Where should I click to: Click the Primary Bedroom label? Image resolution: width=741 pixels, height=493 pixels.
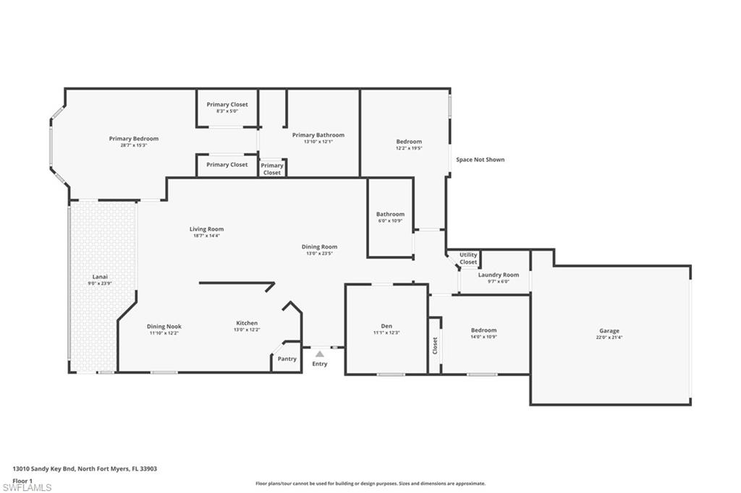pos(134,139)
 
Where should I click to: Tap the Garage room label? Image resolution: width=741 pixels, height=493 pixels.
pos(609,331)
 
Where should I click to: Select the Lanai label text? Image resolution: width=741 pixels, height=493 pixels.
pos(100,276)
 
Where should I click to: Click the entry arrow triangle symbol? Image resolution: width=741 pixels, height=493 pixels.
pos(319,353)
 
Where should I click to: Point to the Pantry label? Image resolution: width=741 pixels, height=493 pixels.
pos(287,359)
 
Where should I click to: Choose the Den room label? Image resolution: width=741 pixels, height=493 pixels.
pos(386,326)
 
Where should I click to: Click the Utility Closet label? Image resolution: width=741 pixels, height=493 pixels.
pos(468,258)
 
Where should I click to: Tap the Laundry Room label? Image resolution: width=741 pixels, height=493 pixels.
pos(499,275)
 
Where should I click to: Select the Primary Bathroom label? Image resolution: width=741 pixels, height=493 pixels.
pos(318,135)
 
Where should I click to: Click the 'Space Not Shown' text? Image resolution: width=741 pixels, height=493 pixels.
pos(480,160)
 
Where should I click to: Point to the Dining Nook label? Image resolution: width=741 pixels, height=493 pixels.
pos(164,326)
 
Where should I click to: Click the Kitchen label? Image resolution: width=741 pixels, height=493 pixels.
pos(247,323)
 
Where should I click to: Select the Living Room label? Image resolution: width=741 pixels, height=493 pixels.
pos(206,229)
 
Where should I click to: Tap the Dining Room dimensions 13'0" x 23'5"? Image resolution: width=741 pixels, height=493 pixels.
pos(319,254)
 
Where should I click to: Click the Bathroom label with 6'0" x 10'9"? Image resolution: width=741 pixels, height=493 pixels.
pos(390,214)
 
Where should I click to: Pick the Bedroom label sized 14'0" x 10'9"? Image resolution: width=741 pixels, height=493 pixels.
pos(483,330)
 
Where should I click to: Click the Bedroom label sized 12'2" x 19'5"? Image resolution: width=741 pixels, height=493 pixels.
pos(409,142)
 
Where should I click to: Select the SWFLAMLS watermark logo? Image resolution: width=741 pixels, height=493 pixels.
pos(27,487)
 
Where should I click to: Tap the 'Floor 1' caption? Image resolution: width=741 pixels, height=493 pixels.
pos(23,479)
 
